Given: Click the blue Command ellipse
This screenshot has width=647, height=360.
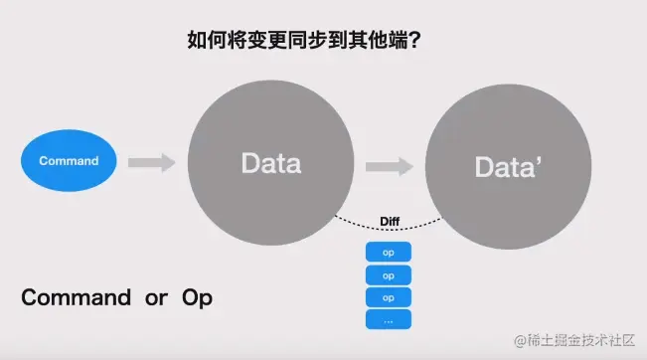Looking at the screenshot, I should click(69, 160).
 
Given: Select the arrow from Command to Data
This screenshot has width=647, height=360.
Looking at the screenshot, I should click(151, 161).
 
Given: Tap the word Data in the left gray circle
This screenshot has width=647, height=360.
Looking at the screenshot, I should click(270, 162).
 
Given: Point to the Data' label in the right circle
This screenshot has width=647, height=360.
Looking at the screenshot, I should click(508, 167).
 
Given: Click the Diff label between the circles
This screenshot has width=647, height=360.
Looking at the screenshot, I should click(391, 221).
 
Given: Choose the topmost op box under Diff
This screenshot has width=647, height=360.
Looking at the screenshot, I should click(389, 253).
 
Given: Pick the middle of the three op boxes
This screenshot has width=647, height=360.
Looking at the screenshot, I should click(389, 274).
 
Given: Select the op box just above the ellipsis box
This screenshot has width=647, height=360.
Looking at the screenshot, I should click(389, 297).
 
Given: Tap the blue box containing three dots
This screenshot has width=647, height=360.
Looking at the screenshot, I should click(389, 319).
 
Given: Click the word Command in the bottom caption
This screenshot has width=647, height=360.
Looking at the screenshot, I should click(76, 297).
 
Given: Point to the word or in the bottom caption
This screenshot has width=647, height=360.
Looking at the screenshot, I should click(156, 298).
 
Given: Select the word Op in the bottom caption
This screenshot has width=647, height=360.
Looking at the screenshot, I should click(196, 298).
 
